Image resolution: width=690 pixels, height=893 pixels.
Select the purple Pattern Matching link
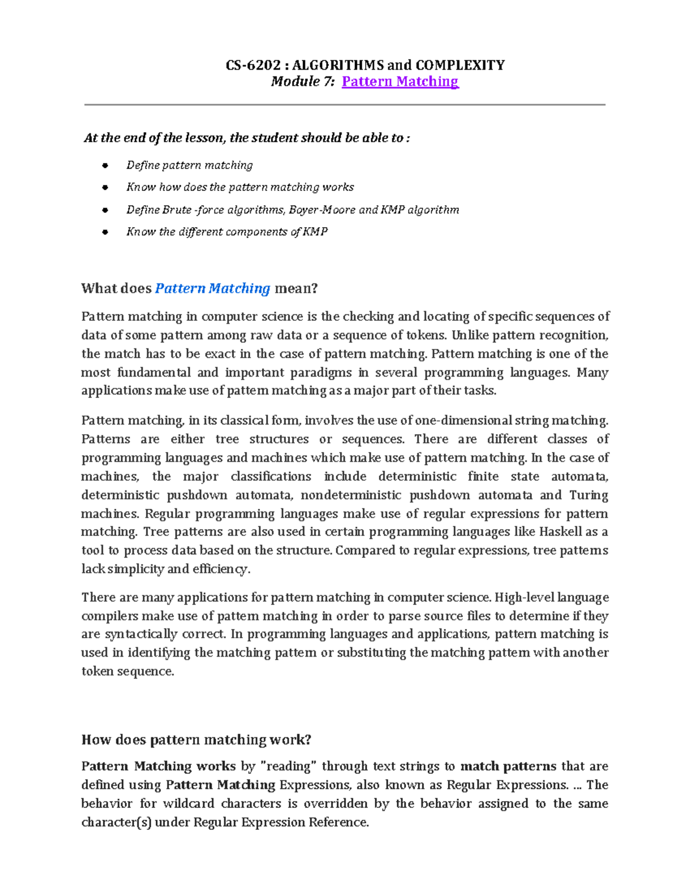pyautogui.click(x=400, y=82)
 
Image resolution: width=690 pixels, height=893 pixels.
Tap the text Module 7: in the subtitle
pyautogui.click(x=302, y=82)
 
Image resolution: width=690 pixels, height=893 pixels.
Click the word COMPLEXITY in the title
pyautogui.click(x=460, y=65)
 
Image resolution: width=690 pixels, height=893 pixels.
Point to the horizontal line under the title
pyautogui.click(x=345, y=105)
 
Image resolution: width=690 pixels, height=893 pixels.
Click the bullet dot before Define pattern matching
pyautogui.click(x=105, y=166)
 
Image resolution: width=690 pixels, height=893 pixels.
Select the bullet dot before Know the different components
pyautogui.click(x=105, y=232)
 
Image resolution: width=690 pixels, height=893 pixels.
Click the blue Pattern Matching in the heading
pyautogui.click(x=213, y=288)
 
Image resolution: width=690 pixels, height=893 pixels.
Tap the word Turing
pyautogui.click(x=588, y=495)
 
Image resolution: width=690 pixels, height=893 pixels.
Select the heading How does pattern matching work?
pyautogui.click(x=196, y=739)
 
